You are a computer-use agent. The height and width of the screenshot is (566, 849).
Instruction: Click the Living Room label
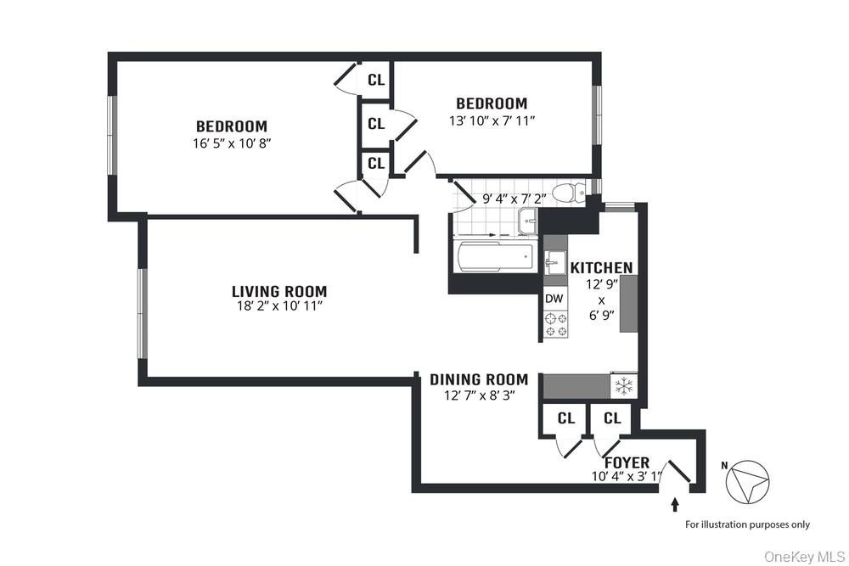coord(278,291)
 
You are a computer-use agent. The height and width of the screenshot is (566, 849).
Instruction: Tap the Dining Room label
coord(478,379)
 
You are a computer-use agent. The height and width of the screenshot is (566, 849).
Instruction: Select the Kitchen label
coord(601,268)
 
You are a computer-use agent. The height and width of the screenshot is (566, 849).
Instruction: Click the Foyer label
coord(627,462)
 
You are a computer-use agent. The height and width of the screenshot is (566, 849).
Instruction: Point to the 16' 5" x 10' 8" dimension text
coord(231,143)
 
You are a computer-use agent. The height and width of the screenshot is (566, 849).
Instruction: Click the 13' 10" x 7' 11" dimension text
coord(492,120)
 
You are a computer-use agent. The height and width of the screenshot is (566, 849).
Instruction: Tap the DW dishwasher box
coord(554,299)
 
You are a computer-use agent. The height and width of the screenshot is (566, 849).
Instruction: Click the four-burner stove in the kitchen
coord(555,324)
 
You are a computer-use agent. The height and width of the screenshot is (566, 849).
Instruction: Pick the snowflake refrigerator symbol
coord(623,386)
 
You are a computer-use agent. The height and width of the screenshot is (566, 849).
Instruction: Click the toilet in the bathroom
coord(568,193)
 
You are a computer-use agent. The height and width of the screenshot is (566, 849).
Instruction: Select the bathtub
coord(494,256)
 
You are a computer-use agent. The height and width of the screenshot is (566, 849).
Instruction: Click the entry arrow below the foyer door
coord(676,505)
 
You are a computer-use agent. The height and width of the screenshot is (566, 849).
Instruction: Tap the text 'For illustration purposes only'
coord(747,524)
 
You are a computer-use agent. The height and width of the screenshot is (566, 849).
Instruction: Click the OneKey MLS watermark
coord(800,557)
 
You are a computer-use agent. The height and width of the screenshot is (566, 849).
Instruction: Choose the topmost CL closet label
coord(376,81)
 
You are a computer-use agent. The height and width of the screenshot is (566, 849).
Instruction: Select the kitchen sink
coord(555,260)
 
